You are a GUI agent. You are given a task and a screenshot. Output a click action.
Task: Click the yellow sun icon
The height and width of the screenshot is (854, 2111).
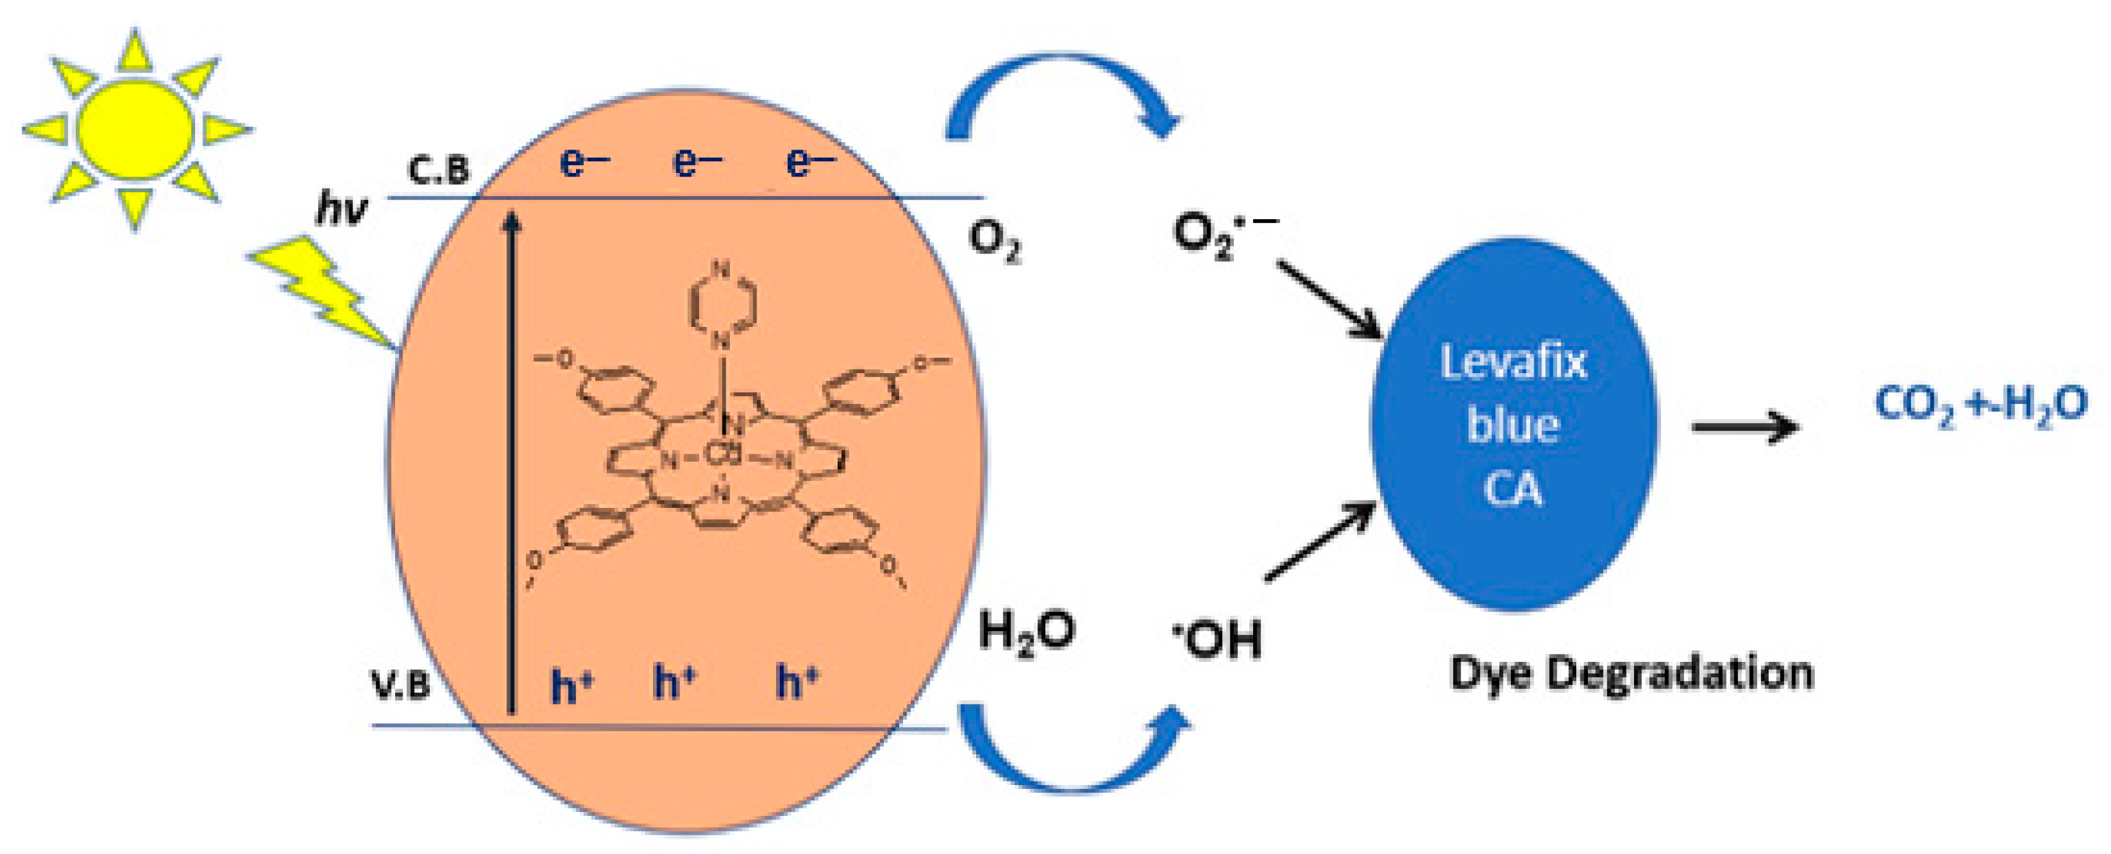135,129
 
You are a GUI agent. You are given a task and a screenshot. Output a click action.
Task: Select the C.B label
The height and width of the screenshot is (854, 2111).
439,170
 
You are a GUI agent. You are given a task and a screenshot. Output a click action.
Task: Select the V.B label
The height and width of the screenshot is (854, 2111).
401,685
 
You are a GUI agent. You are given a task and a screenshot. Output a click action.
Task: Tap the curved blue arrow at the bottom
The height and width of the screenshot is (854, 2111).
1073,754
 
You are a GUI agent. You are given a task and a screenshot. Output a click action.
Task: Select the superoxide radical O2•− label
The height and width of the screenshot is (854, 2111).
1221,235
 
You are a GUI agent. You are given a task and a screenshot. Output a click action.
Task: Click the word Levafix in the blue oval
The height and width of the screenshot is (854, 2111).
1513,362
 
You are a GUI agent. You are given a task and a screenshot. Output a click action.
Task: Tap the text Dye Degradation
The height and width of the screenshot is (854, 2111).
1631,674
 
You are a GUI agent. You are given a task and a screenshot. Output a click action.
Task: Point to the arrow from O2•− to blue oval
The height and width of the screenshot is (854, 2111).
1330,300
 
